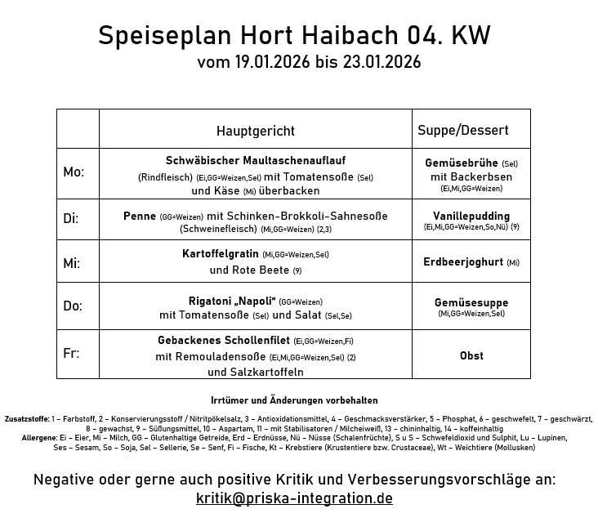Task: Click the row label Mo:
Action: click(74, 172)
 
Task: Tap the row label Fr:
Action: click(72, 354)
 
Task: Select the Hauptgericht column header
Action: click(255, 131)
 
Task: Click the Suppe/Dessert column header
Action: click(462, 130)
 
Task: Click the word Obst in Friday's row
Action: click(471, 355)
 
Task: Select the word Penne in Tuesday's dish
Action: click(140, 216)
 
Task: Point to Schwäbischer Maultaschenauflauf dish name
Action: click(255, 161)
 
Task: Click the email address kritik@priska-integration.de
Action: click(294, 498)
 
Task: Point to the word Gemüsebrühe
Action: click(462, 163)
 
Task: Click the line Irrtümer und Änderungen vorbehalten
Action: click(294, 400)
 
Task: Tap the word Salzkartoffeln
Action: click(255, 372)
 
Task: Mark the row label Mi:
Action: click(72, 263)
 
